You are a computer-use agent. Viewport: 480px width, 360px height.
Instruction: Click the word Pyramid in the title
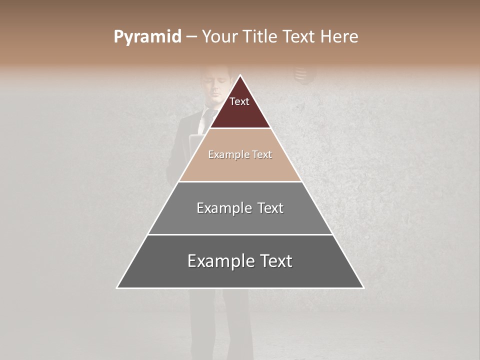coord(147,37)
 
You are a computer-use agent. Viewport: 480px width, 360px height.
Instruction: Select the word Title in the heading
coord(261,37)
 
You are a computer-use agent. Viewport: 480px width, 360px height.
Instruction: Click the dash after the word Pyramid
coord(191,37)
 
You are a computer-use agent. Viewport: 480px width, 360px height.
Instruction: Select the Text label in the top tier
coord(239,101)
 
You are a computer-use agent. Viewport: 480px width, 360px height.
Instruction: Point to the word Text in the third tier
coord(270,208)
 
